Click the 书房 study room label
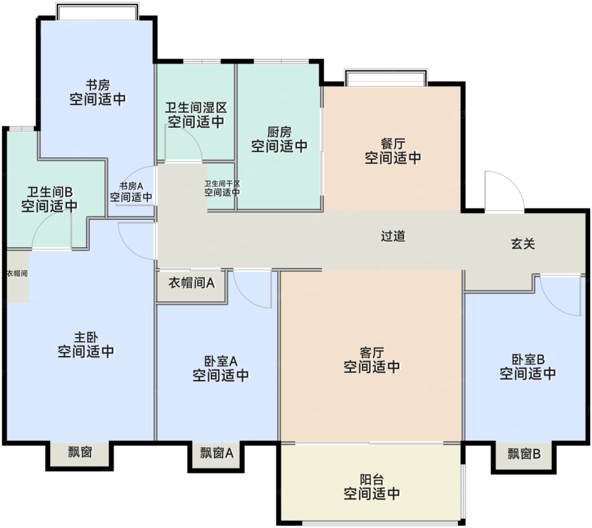tap(98, 85)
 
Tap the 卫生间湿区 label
tap(196, 108)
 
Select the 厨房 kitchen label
tap(280, 132)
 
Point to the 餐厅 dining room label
tap(393, 144)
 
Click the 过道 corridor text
tap(393, 236)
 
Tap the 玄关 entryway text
tap(523, 244)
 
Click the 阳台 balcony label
tap(372, 480)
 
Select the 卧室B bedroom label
tap(528, 360)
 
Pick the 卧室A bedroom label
tap(221, 361)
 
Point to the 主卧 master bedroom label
tap(86, 337)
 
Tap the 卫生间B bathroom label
tap(49, 192)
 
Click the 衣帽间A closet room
tap(192, 286)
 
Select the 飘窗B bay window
tap(524, 454)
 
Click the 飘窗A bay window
tap(217, 453)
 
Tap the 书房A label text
tap(131, 186)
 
